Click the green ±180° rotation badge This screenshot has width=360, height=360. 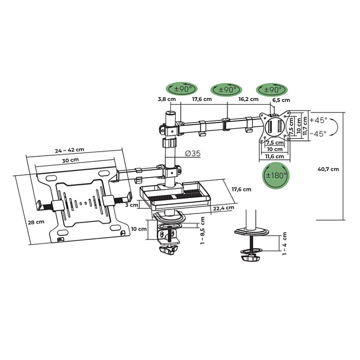coord(276,176)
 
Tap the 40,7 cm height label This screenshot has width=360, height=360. coord(328,169)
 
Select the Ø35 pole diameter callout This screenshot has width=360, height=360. coord(193,153)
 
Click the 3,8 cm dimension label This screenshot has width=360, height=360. coord(166,99)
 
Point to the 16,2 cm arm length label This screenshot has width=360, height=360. coord(248,99)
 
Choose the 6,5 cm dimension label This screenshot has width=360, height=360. coord(281,100)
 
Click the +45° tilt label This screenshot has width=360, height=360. coord(319,121)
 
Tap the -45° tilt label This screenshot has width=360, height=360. coord(318,134)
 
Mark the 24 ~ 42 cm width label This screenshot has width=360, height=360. coord(69,150)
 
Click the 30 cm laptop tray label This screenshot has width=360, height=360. coord(70,160)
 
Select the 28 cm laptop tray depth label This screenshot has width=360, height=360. coord(36,222)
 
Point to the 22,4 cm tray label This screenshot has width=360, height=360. coord(224,208)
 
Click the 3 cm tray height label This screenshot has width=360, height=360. coord(131,205)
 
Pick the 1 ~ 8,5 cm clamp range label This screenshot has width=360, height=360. coord(202,230)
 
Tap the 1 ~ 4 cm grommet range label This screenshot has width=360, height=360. coord(285,244)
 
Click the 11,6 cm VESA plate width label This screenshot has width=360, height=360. coord(275,157)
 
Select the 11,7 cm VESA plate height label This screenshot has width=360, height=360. coord(305,126)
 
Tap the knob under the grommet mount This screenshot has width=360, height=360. coord(250,258)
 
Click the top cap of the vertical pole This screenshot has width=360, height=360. coord(171,113)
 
